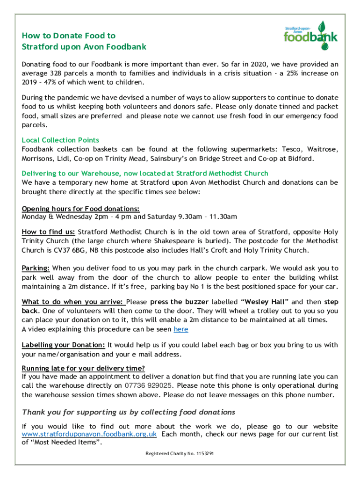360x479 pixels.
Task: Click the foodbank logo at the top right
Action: click(310, 36)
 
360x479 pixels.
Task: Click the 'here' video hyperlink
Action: click(181, 329)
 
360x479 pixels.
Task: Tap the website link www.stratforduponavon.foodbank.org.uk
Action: click(89, 434)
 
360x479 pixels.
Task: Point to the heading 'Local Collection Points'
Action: click(60, 140)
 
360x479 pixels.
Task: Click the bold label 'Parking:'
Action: click(36, 268)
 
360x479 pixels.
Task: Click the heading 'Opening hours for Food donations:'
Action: click(81, 209)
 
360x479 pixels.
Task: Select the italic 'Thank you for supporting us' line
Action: click(129, 412)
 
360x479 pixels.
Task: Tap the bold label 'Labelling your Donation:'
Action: click(64, 345)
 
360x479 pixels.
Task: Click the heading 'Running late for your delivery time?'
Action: click(83, 368)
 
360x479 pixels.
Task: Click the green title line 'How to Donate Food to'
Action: click(68, 36)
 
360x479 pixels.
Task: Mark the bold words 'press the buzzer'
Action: click(183, 302)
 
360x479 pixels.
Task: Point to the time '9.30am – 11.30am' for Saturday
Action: click(205, 217)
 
